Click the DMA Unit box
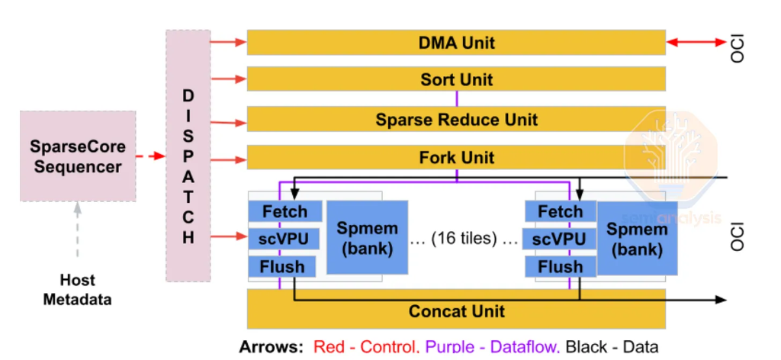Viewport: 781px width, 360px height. pos(456,43)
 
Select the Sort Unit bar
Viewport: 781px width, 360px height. pos(456,79)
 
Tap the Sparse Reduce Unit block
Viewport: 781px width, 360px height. pos(456,119)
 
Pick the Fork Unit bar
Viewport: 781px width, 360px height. pos(456,158)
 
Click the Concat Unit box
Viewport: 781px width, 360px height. pos(456,311)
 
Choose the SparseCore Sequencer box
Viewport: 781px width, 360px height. pos(78,156)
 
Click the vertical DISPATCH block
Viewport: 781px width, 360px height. pos(188,156)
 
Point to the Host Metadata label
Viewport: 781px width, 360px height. pos(76,290)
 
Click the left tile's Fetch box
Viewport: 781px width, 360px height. pos(284,211)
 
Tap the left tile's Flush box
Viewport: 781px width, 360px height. pos(282,266)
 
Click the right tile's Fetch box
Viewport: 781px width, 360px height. pos(560,211)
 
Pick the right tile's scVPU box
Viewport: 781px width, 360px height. pos(560,239)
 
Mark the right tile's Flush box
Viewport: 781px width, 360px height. pos(560,266)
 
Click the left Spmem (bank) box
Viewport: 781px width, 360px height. pos(367,238)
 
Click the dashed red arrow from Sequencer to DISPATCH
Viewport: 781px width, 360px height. pos(151,156)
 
